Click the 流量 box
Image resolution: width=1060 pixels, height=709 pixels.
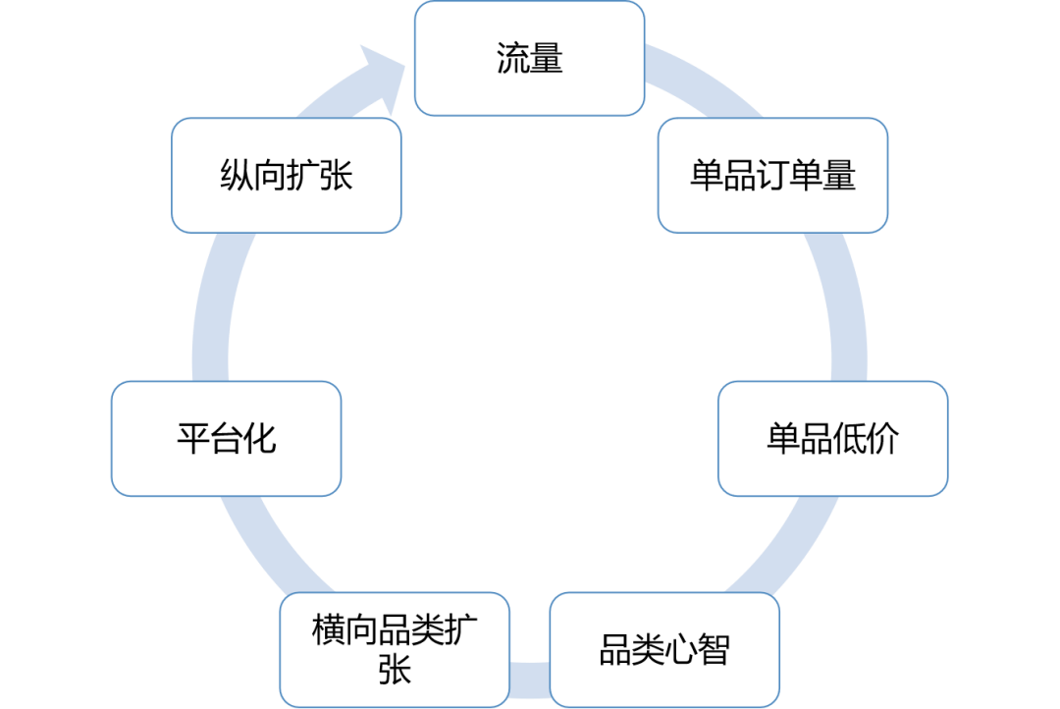click(x=529, y=58)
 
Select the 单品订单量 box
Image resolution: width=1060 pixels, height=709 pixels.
click(x=772, y=175)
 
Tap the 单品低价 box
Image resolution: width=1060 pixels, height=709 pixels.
click(x=832, y=438)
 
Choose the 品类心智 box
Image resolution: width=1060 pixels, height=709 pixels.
click(x=664, y=649)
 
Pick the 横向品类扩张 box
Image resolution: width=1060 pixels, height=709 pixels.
click(x=395, y=649)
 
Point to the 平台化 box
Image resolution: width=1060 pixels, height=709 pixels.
click(x=226, y=438)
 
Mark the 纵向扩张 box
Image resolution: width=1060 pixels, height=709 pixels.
click(x=286, y=175)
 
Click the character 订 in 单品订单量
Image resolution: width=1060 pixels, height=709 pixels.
click(x=772, y=176)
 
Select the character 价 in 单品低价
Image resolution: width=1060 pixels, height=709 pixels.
click(x=882, y=439)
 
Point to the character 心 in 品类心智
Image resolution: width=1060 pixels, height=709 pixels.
click(x=681, y=650)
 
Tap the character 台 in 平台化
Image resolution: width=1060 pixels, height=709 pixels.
click(x=226, y=439)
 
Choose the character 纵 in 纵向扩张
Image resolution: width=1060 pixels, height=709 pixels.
click(x=236, y=176)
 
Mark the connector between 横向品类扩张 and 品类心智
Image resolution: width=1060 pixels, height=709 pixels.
click(x=530, y=677)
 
